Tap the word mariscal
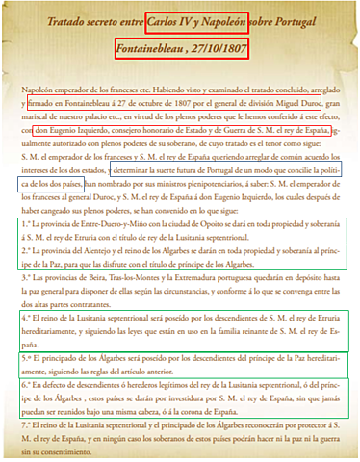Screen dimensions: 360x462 [x=33, y=120]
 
